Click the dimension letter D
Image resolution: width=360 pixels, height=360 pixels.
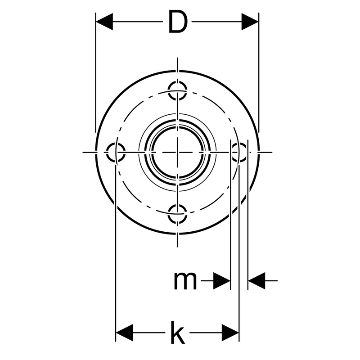coord(178,22)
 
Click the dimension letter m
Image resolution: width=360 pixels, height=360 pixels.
coord(185,280)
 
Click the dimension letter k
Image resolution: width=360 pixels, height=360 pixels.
coord(178,332)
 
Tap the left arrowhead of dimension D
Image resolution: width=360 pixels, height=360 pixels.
coord(104,22)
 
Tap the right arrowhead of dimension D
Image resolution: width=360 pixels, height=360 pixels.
coord(250,22)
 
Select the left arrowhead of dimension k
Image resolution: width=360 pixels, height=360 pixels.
coord(124,333)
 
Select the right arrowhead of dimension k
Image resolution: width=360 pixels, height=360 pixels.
coord(230,333)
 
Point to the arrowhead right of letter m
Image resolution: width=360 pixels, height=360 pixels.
coord(222,280)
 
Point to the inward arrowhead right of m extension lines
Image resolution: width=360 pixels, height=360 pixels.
coord(256,280)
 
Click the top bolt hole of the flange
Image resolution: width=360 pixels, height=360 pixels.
coord(177,90)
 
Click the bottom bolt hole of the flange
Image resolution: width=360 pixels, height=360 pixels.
coord(177,214)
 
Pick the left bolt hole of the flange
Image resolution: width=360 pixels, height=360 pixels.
coord(116,152)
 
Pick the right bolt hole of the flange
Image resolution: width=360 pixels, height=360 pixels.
coord(239,152)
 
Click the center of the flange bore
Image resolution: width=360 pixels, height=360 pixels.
coord(177,152)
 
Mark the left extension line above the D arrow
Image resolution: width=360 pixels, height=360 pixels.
coord(95,72)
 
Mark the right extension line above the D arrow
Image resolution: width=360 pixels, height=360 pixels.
coord(259,72)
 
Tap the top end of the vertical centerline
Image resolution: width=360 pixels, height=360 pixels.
coord(177,58)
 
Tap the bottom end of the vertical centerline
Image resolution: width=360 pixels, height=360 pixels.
coord(177,247)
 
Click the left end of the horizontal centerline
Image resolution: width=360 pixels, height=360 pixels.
coord(83,152)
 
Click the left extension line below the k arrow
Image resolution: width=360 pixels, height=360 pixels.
coord(116,252)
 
